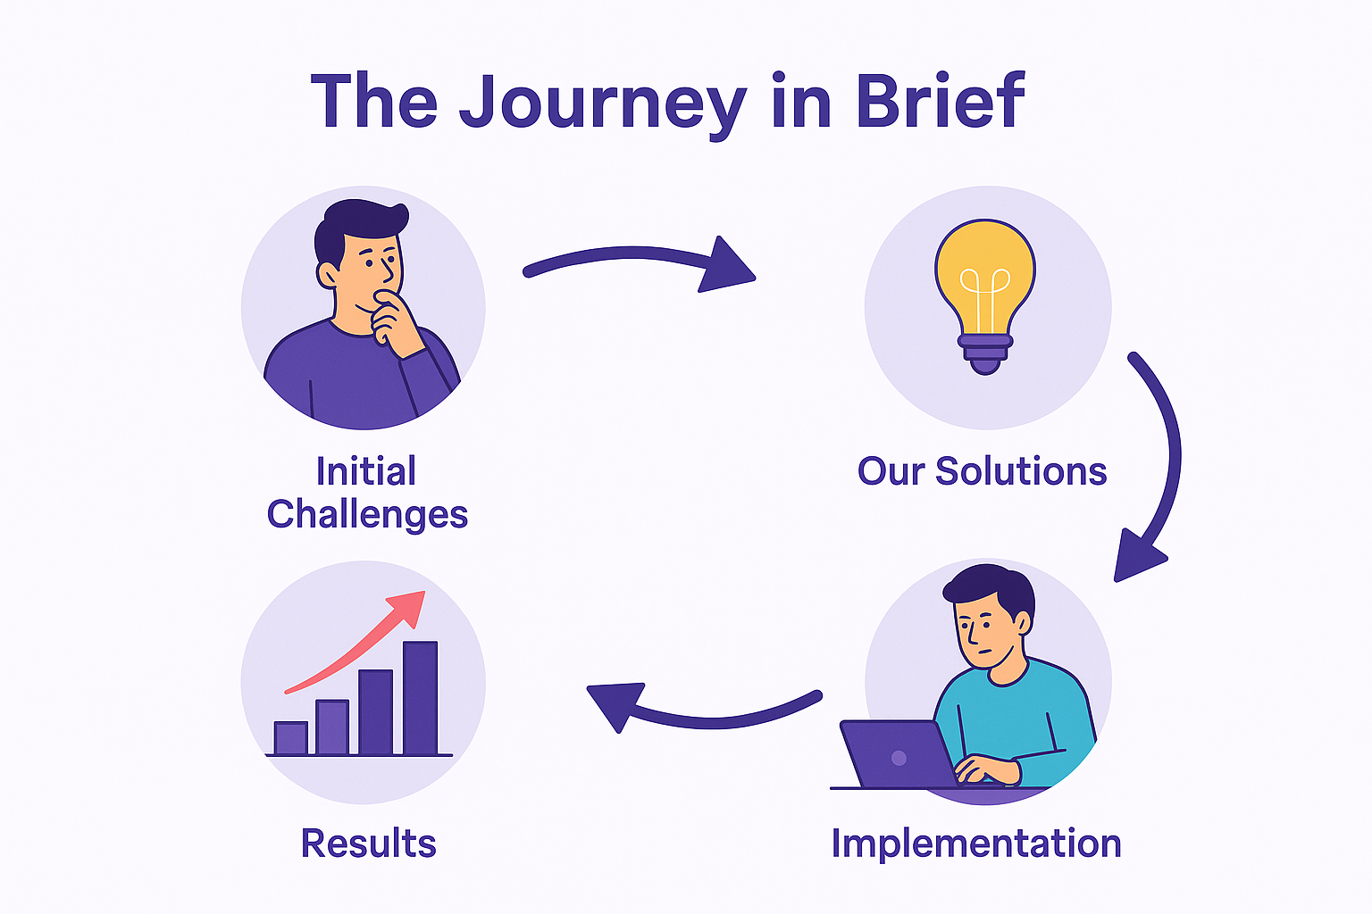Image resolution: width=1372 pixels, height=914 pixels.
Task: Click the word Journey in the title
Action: [x=603, y=103]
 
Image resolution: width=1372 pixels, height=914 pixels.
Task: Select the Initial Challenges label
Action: [x=366, y=493]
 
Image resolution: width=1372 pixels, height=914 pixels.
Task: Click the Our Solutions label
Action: [x=982, y=471]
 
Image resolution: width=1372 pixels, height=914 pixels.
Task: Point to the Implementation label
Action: [x=975, y=843]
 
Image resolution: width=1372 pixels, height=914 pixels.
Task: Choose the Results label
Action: [x=368, y=843]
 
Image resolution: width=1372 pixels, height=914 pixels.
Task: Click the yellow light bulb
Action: [x=985, y=272]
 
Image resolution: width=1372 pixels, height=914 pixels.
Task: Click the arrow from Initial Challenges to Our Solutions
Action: [x=639, y=261]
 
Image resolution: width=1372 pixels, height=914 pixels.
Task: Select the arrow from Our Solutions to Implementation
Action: [x=1161, y=464]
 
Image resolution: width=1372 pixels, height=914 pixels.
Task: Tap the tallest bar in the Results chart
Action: [x=420, y=697]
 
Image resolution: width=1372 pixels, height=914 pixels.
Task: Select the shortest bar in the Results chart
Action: [x=290, y=737]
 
